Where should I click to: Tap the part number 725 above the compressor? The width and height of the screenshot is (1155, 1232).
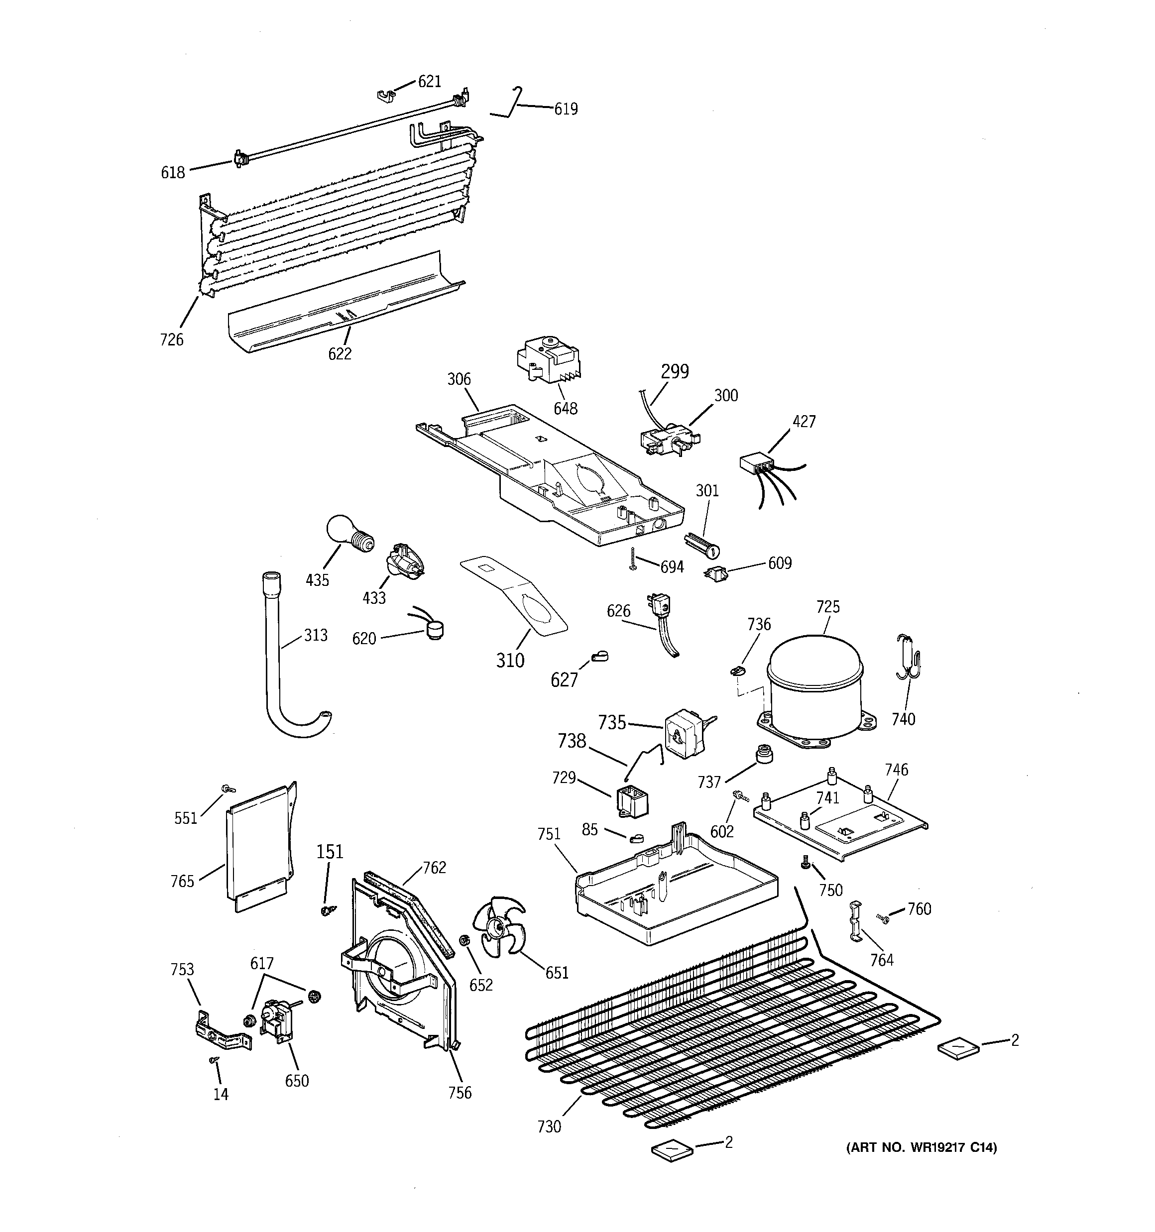click(x=827, y=607)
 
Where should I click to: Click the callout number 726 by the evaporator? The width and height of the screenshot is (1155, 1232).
click(x=172, y=339)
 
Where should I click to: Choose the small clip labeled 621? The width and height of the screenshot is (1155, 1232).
click(x=386, y=96)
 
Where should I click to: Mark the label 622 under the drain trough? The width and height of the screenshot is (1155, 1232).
click(x=340, y=353)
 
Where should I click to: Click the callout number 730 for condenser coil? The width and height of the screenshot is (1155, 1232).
click(x=549, y=1126)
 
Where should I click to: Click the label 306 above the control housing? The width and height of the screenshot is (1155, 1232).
click(x=460, y=379)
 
